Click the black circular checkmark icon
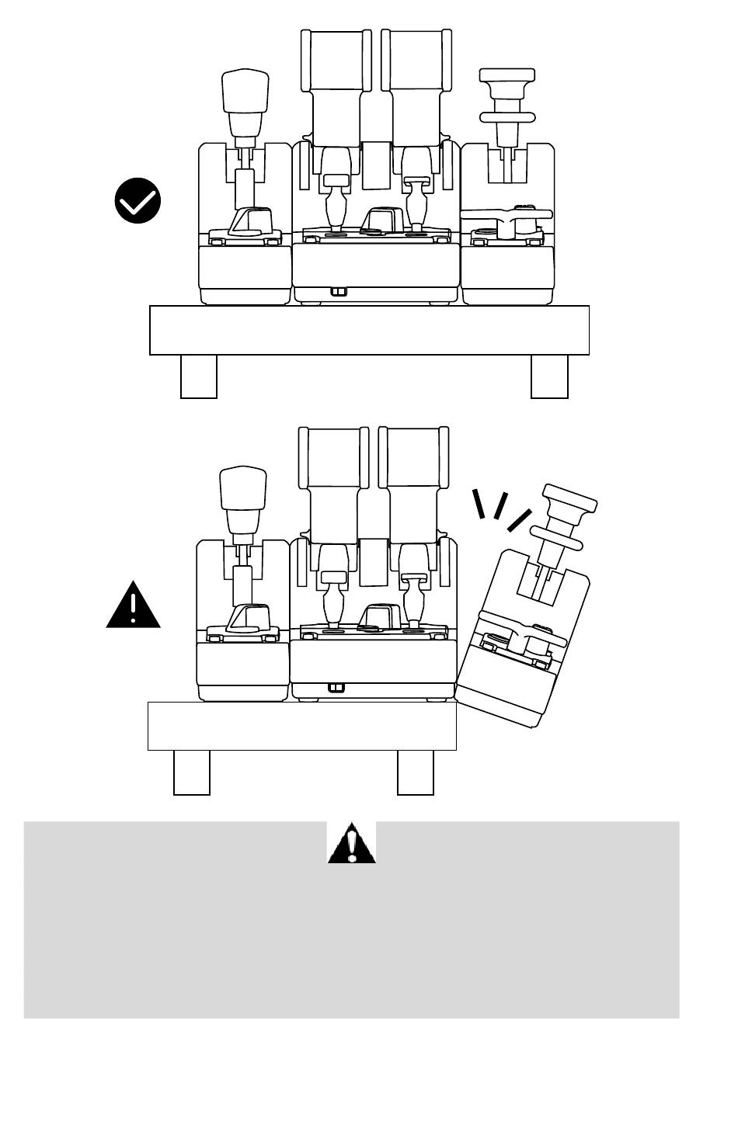click(138, 201)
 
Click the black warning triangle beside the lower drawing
click(134, 605)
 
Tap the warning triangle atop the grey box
click(352, 843)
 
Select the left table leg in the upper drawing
click(199, 376)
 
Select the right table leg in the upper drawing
click(549, 376)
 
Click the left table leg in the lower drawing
click(192, 772)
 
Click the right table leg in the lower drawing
click(416, 772)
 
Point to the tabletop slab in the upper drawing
click(369, 330)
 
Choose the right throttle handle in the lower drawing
click(413, 458)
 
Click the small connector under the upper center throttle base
click(338, 292)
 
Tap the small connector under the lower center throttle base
click(336, 688)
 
